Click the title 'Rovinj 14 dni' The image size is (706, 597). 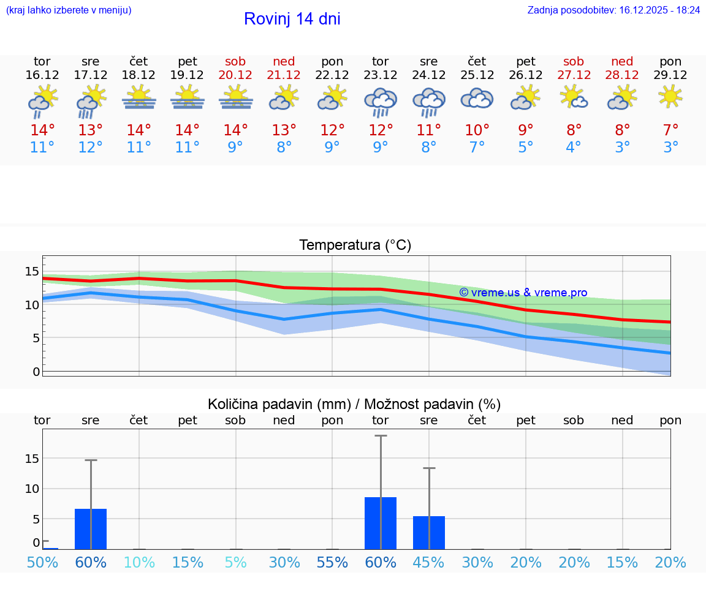[292, 19]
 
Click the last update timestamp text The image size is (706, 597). [613, 10]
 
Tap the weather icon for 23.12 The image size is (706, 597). [380, 102]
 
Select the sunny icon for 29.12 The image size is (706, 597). [670, 97]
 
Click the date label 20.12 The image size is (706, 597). [235, 75]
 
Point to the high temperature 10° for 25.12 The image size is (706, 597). [477, 130]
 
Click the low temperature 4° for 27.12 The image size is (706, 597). [574, 148]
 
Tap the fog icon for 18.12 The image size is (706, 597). [139, 98]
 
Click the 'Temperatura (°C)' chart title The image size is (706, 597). [355, 246]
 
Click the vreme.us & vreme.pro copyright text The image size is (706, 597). [523, 293]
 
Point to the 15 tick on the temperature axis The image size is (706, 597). [32, 271]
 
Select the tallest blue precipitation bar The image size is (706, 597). [381, 523]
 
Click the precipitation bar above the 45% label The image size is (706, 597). [429, 532]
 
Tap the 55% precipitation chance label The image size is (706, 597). [332, 563]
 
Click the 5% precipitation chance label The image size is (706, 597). [235, 563]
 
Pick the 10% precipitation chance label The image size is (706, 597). [139, 563]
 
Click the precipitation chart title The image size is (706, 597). [354, 404]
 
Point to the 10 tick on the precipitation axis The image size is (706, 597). [32, 489]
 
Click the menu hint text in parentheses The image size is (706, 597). [69, 10]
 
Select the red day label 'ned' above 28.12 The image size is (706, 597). [622, 61]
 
